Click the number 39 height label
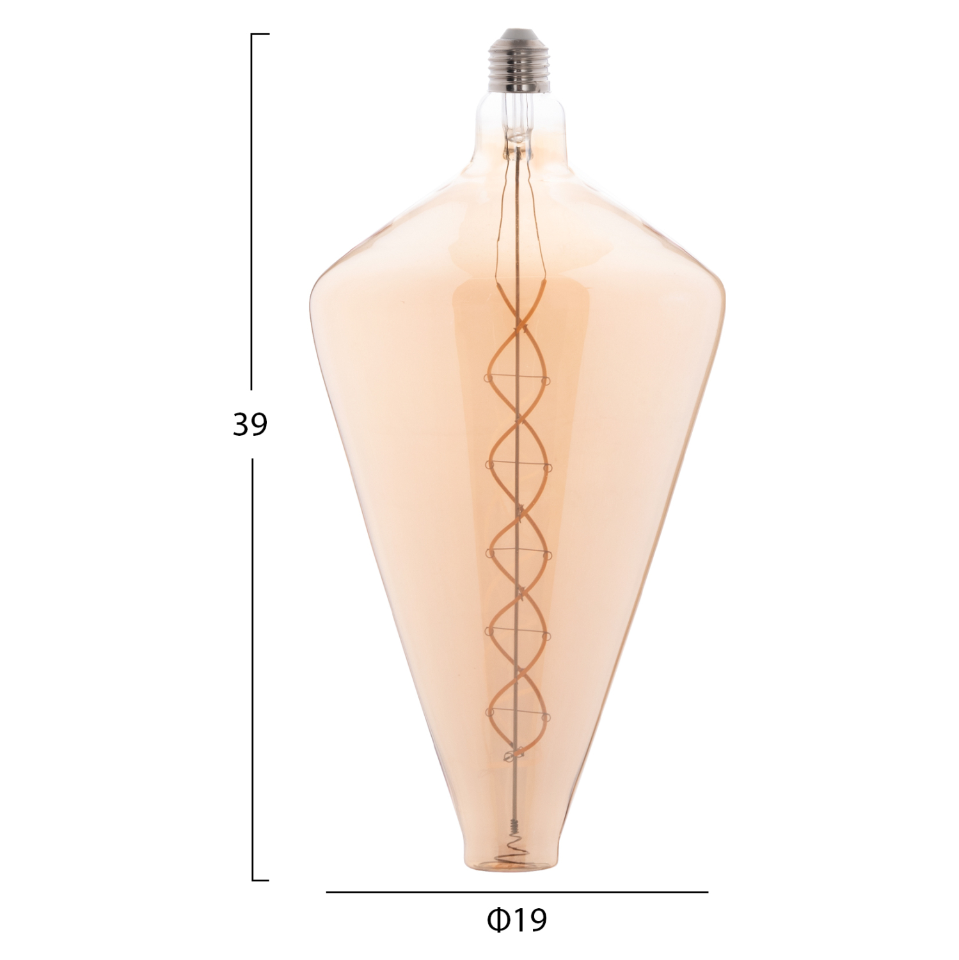click(250, 424)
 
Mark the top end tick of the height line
click(260, 34)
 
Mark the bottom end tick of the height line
click(260, 880)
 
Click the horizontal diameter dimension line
click(517, 892)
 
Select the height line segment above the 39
click(252, 211)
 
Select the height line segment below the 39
click(252, 669)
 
